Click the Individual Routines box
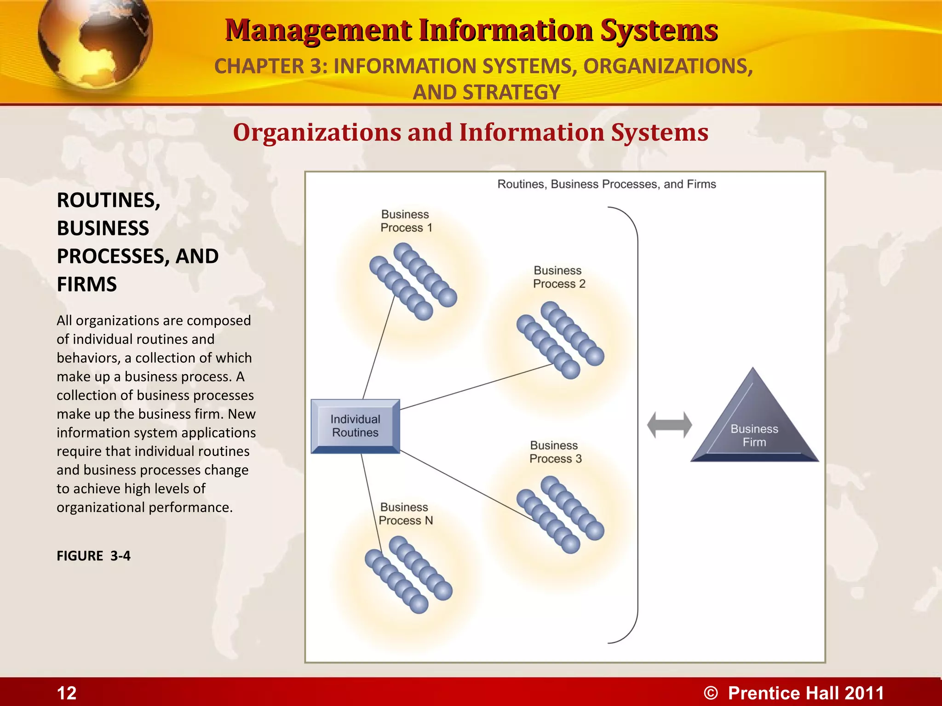(355, 426)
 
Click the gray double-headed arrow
(669, 425)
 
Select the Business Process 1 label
(406, 221)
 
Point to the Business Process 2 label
(559, 277)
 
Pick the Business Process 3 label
(555, 452)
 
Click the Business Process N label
(405, 514)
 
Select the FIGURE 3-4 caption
(93, 556)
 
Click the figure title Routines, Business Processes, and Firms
(606, 184)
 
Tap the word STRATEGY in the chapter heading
(511, 92)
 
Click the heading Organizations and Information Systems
(471, 132)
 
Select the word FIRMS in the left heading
(87, 285)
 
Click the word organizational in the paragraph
(101, 507)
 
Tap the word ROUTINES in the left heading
(108, 200)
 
